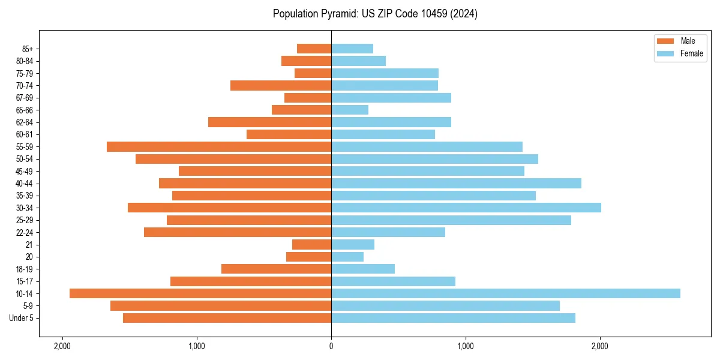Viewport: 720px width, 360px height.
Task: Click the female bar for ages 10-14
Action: click(505, 293)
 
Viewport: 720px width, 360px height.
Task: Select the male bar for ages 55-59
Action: click(219, 146)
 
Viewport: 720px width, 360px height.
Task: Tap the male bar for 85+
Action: click(314, 49)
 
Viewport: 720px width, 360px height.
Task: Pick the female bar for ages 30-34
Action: click(466, 208)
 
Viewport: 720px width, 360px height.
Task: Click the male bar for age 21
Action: click(311, 245)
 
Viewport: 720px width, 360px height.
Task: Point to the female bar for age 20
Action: click(347, 257)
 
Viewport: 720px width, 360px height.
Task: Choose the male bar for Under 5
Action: click(227, 318)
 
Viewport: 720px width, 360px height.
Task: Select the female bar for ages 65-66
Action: click(350, 110)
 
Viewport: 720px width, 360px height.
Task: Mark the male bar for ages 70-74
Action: click(281, 85)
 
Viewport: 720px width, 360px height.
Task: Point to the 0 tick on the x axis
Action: click(331, 346)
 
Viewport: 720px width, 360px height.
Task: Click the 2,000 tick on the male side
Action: click(62, 346)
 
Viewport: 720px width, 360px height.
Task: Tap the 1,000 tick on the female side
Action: click(466, 346)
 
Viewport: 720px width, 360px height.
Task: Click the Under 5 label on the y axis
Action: click(22, 318)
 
